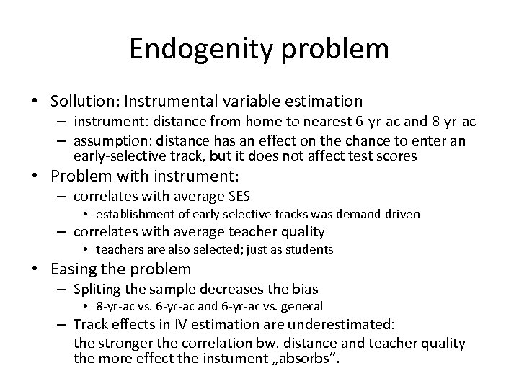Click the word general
[302, 307]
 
